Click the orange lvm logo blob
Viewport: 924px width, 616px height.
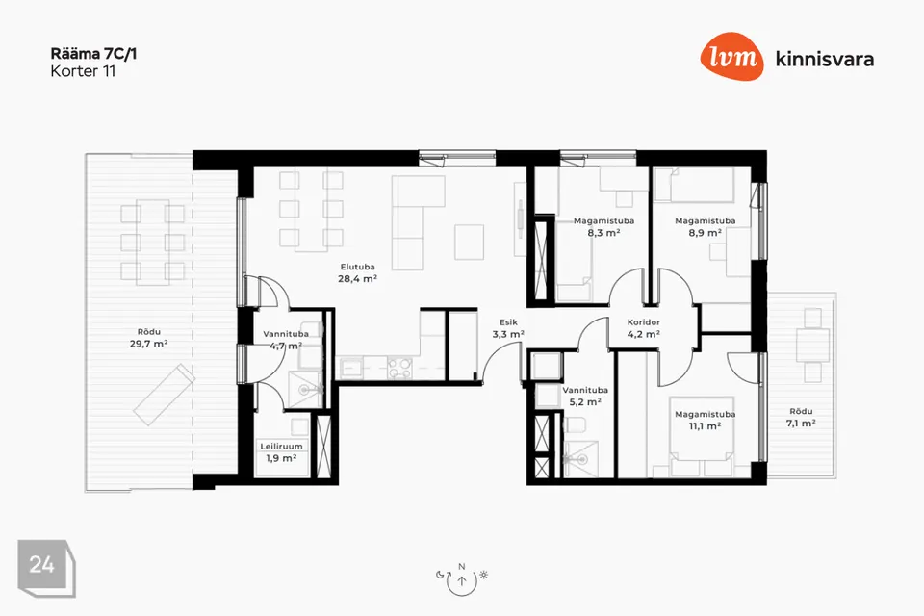coord(731,57)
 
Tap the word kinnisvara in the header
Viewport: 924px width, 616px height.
coord(825,59)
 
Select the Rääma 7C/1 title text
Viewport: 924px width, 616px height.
coord(93,54)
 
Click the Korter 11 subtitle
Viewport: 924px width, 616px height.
coord(83,71)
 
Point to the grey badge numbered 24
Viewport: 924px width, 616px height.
coord(46,568)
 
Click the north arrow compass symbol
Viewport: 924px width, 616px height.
coord(462,580)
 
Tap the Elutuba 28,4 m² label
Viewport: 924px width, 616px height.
coord(358,273)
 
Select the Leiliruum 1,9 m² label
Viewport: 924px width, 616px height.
coord(282,452)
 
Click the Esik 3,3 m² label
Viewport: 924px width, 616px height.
coord(508,328)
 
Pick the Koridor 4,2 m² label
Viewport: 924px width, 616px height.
coord(644,328)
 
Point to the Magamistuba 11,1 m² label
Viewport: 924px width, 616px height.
coord(706,421)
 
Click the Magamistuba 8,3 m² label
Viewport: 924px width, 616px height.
coord(604,227)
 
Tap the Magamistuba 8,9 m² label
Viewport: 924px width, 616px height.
coord(706,227)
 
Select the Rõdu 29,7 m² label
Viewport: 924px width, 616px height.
coord(149,338)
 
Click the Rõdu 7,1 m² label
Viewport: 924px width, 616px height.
coord(801,418)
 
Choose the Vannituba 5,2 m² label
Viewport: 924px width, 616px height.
coord(585,397)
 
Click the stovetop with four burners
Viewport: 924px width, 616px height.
coord(399,369)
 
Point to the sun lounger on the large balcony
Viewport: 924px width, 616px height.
coord(165,395)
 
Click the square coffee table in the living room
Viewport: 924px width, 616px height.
coord(469,242)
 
